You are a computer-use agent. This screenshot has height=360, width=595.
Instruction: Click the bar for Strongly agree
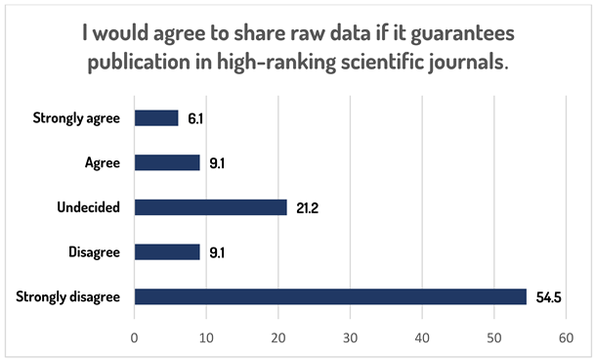tap(156, 118)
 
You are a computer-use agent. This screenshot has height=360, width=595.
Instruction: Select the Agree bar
tap(167, 162)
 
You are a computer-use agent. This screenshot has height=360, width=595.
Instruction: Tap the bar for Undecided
tap(210, 207)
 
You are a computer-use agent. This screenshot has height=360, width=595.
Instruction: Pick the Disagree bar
tap(167, 251)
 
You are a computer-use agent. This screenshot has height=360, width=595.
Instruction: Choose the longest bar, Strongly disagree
tap(330, 296)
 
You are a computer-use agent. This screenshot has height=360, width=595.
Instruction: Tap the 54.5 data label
tap(549, 296)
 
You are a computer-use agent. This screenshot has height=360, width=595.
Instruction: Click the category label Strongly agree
tap(76, 118)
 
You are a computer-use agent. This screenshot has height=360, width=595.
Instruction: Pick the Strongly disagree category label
tap(68, 296)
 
